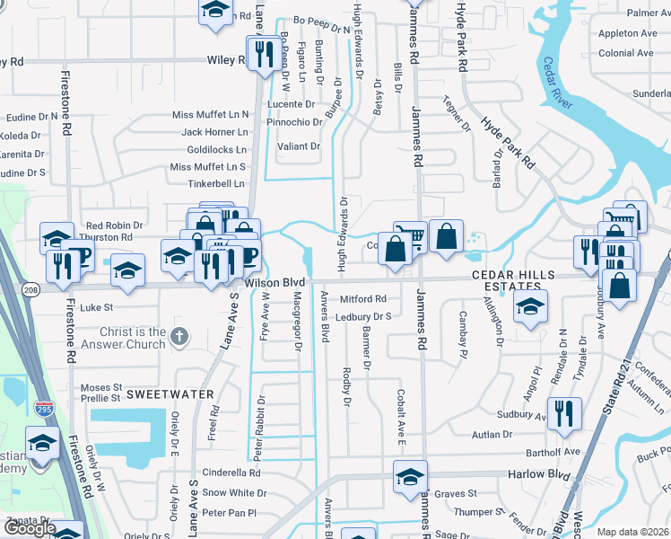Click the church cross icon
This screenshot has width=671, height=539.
point(180,337)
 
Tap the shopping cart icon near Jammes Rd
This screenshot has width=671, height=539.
point(410,235)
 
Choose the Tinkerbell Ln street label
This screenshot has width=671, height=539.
point(216,184)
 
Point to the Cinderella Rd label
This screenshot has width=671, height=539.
point(231,473)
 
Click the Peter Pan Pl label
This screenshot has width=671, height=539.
point(230,512)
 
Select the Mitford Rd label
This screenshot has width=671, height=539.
point(362,298)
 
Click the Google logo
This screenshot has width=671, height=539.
point(29,529)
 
